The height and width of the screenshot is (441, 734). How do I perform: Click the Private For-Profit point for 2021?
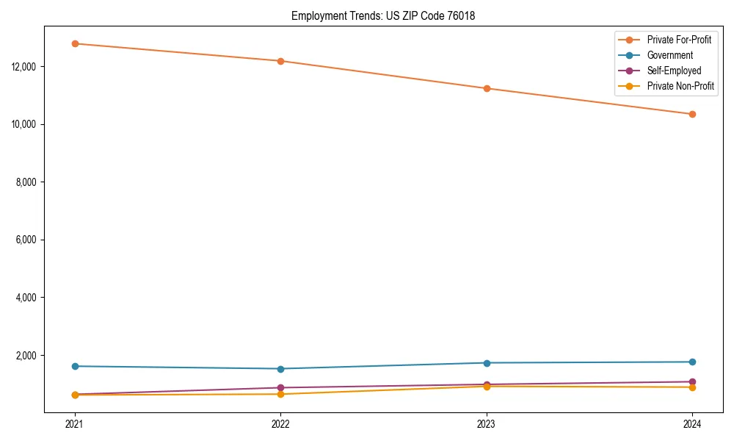point(75,43)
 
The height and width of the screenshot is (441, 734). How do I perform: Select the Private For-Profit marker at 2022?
point(280,61)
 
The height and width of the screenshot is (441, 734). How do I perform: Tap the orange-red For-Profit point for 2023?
point(487,88)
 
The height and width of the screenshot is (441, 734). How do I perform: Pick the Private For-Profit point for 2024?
point(692,114)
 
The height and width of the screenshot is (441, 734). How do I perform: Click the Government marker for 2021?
point(75,366)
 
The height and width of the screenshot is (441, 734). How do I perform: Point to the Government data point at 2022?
point(280,369)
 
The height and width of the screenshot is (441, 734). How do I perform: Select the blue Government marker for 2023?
point(487,363)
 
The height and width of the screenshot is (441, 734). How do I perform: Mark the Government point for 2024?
point(692,362)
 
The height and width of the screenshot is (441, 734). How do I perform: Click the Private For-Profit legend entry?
point(679,40)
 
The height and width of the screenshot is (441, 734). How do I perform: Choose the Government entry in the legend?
point(669,55)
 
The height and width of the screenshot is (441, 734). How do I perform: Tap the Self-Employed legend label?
point(674,71)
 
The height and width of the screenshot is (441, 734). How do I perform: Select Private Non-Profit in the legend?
point(680,86)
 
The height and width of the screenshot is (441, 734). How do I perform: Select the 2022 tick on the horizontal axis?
point(280,424)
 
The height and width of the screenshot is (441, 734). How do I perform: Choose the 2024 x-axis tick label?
point(692,424)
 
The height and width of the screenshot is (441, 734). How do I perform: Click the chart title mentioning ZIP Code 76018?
point(383,15)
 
